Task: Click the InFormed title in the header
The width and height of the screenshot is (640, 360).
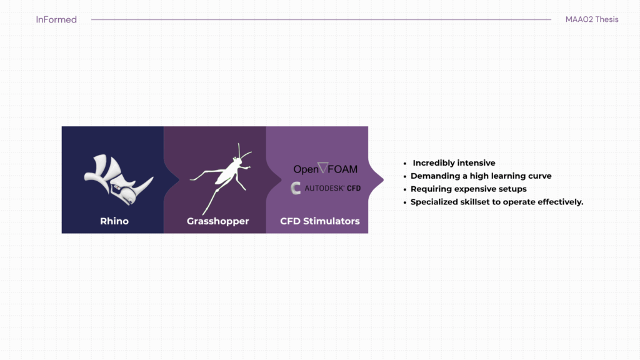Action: (56, 19)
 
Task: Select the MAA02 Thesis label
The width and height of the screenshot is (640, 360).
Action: (592, 19)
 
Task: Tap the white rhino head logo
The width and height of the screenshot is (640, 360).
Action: (118, 179)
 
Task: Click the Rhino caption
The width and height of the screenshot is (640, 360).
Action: (114, 221)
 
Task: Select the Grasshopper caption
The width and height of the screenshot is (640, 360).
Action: (217, 221)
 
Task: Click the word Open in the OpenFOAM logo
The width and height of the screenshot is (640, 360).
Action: (306, 169)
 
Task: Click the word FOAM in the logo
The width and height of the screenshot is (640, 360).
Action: (343, 169)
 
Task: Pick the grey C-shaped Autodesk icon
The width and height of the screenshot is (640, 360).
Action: (296, 188)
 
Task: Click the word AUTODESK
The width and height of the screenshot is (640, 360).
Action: (324, 189)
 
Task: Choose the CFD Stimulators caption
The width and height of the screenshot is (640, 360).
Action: (319, 221)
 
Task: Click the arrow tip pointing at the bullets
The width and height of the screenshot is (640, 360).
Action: (383, 179)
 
